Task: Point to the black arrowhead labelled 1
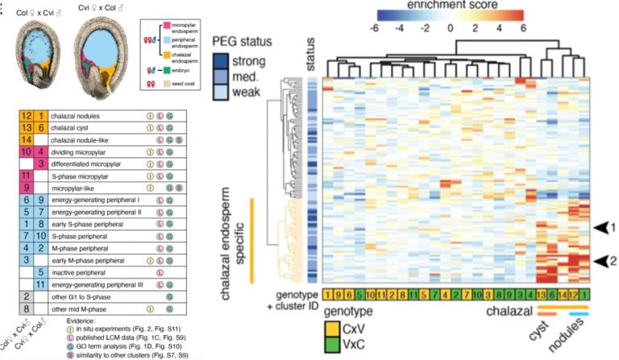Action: click(x=594, y=228)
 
